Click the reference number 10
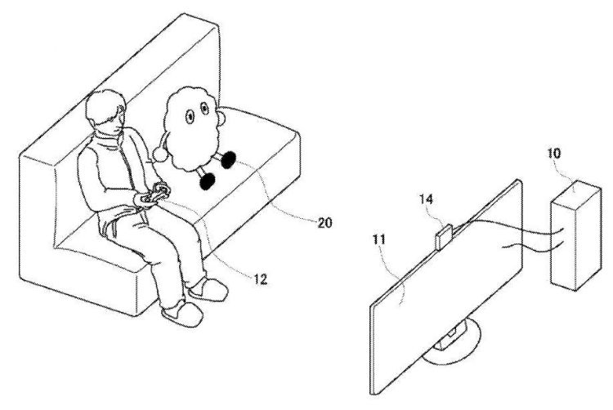[553, 153]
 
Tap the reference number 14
[426, 199]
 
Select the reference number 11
[378, 239]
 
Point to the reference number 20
[324, 223]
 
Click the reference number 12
[261, 279]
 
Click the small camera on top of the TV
[445, 236]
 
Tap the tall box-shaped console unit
[575, 235]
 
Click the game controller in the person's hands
[154, 194]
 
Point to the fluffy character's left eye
[190, 116]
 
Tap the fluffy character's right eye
[204, 108]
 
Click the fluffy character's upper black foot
[228, 160]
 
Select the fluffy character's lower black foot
[208, 181]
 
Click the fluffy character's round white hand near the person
[160, 154]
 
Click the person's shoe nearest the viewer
[182, 312]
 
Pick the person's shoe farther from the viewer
[208, 290]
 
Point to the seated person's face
[114, 123]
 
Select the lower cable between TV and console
[533, 244]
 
